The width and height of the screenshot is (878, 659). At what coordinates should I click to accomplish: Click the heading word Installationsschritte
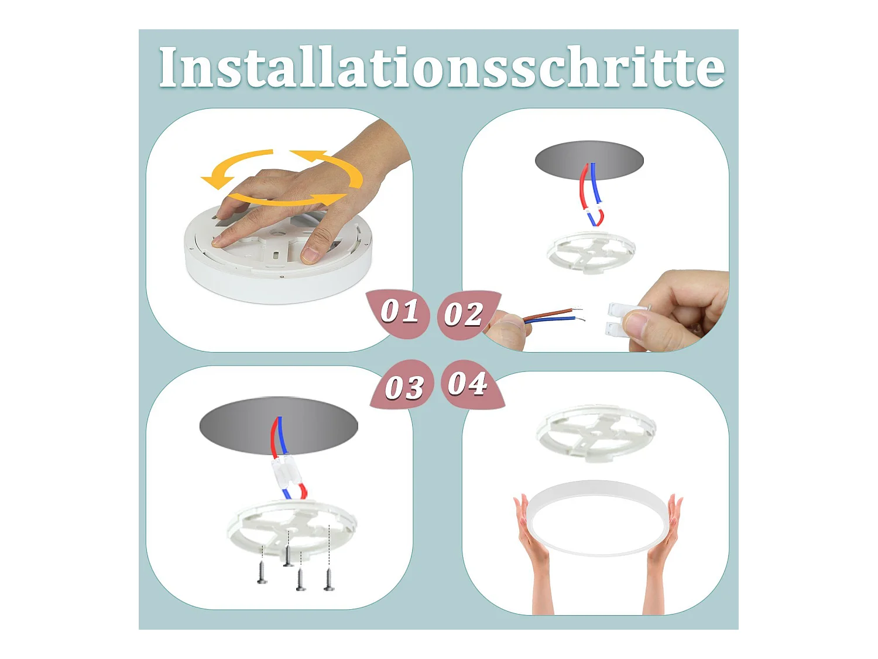[441, 67]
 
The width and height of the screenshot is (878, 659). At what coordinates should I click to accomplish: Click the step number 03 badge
[402, 385]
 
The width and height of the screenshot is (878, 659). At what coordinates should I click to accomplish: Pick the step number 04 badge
[471, 384]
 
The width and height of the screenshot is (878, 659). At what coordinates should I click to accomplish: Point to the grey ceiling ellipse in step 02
[589, 161]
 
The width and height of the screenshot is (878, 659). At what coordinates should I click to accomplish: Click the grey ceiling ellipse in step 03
[279, 425]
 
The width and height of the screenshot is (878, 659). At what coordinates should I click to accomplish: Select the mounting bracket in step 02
[591, 252]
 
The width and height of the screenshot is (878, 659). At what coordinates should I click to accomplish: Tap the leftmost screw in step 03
[262, 572]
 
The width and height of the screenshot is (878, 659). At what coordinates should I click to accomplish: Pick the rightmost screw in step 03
[329, 579]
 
